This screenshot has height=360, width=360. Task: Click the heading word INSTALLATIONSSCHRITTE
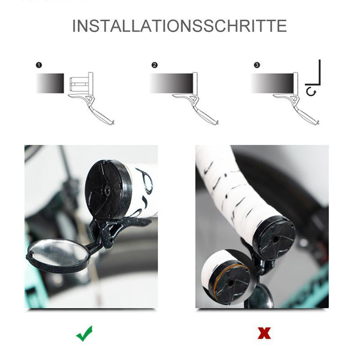pos(180,26)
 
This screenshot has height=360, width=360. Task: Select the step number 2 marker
pos(155,65)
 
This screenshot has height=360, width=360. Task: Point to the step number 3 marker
pos(256,65)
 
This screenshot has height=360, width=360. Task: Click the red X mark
pos(264,333)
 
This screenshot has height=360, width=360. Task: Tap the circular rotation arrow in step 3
pos(310,92)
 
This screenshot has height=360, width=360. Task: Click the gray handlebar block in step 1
pos(49,83)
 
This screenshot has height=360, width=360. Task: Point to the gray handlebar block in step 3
pos(272,83)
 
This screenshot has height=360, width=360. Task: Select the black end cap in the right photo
pos(274,237)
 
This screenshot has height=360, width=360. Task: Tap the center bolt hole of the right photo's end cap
pos(274,239)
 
